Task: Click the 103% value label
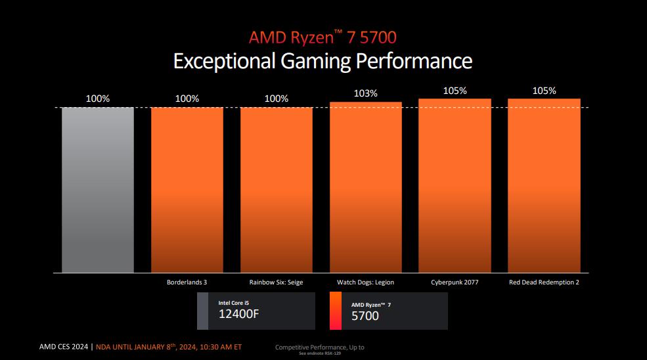point(365,93)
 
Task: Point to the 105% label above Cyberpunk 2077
point(455,91)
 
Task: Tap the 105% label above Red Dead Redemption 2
point(544,91)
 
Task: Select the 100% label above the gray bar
point(98,99)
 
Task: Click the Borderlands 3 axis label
point(187,282)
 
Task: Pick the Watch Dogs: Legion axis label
point(365,282)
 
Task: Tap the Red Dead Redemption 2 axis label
point(544,282)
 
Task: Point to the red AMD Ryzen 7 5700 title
point(323,37)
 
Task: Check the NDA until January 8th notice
point(168,347)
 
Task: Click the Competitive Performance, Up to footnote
point(319,347)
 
